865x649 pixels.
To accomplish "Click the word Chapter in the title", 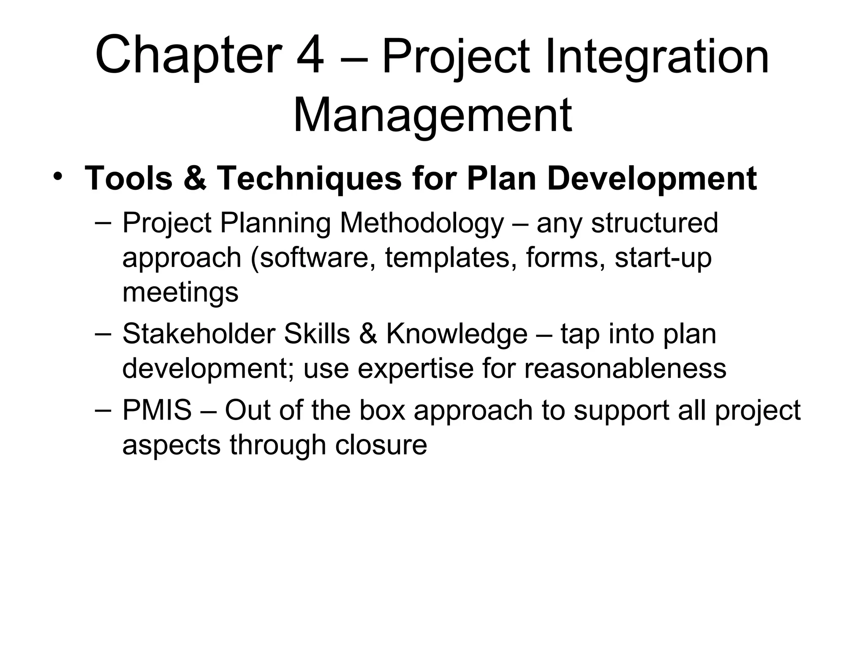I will pyautogui.click(x=189, y=57).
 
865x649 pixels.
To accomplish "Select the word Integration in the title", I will pyautogui.click(x=657, y=57).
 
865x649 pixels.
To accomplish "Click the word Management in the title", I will pyautogui.click(x=432, y=115).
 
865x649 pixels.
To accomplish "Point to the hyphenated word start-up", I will pyautogui.click(x=663, y=258).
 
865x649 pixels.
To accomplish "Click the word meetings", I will pyautogui.click(x=180, y=292).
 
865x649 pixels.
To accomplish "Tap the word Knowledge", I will pyautogui.click(x=457, y=334).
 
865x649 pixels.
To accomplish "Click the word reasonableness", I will pyautogui.click(x=625, y=368).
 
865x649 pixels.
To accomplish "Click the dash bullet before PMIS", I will pyautogui.click(x=103, y=410).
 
